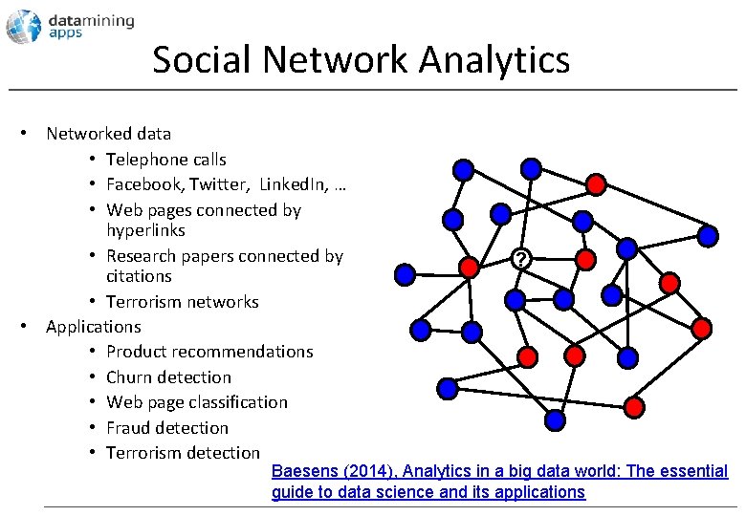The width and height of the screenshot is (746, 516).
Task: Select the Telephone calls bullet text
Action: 165,160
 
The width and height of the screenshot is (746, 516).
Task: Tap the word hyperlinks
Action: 145,230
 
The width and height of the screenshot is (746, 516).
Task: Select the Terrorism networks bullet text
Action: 182,302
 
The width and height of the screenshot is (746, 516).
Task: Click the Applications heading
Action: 93,327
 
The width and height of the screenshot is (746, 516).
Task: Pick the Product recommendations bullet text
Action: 209,352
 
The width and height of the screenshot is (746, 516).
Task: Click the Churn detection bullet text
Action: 168,377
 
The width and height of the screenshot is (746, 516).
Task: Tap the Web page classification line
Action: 196,402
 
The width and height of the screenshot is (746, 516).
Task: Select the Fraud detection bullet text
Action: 167,428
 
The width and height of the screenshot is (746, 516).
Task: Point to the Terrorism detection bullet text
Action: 183,453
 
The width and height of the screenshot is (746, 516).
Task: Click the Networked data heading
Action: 108,135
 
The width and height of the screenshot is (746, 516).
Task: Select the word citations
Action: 139,276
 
